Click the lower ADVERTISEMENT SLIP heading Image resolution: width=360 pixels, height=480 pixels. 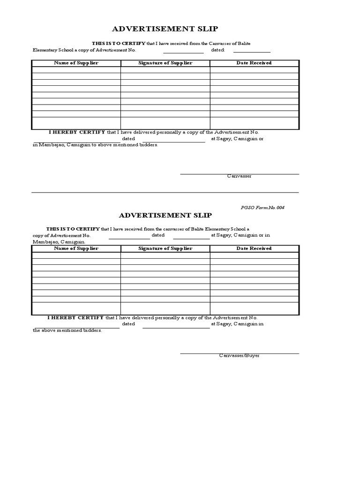[165, 215]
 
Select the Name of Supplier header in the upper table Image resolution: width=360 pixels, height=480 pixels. [76, 63]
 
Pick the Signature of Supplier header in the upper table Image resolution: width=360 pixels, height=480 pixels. [165, 63]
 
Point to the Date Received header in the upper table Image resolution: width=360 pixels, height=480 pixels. [254, 63]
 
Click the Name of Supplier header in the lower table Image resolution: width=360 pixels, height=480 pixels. [76, 248]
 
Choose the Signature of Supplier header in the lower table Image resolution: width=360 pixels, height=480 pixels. [165, 248]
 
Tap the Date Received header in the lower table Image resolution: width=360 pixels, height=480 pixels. [254, 248]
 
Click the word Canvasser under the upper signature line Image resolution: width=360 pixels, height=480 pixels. [239, 176]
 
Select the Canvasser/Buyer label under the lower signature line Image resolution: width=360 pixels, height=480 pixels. [239, 355]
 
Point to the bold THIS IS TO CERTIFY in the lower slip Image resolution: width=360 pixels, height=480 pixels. [73, 229]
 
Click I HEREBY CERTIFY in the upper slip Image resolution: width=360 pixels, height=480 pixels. [77, 132]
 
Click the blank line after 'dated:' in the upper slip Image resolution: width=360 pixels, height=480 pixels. [252, 52]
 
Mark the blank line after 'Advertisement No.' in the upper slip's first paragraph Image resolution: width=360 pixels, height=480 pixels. [183, 52]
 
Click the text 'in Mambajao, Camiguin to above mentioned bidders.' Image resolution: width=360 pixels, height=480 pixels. [95, 145]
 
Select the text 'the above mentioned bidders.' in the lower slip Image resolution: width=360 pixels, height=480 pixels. [67, 330]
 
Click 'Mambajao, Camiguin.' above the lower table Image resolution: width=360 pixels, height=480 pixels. [59, 241]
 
